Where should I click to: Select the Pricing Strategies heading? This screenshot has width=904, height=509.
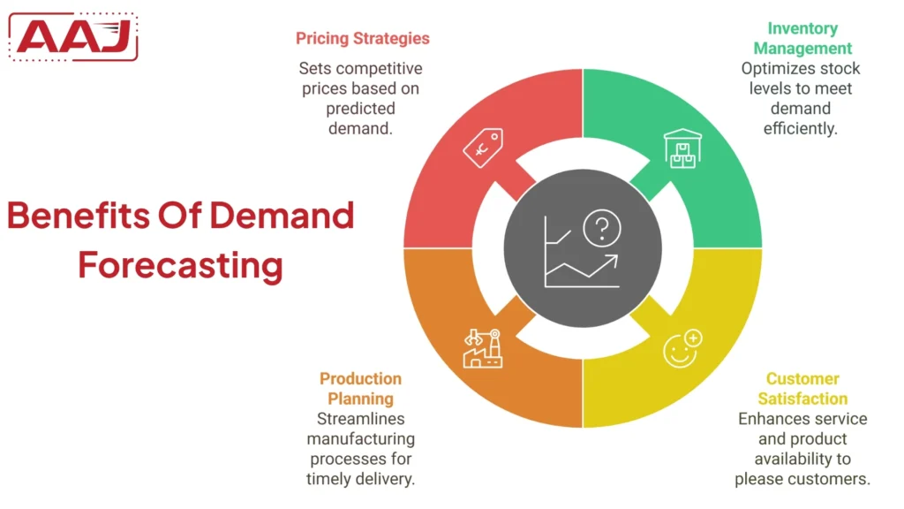pos(362,38)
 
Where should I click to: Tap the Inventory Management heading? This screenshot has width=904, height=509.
pos(802,38)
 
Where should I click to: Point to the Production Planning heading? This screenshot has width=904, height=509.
pos(360,389)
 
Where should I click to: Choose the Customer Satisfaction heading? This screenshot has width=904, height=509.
pos(802,389)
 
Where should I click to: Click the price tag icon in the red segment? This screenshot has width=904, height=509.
pos(483,148)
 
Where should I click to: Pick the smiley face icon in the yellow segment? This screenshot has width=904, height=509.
pos(682,348)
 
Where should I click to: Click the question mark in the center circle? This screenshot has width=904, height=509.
pos(602,229)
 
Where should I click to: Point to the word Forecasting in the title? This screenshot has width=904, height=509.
pos(180,264)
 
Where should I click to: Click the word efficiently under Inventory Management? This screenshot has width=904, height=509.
pos(801,128)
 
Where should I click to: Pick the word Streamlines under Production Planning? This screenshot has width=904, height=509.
pos(360,419)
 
